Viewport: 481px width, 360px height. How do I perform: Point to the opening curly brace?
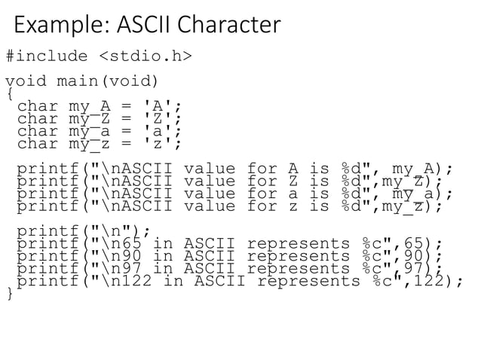click(x=8, y=94)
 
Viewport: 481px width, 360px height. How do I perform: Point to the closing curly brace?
click(x=8, y=293)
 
